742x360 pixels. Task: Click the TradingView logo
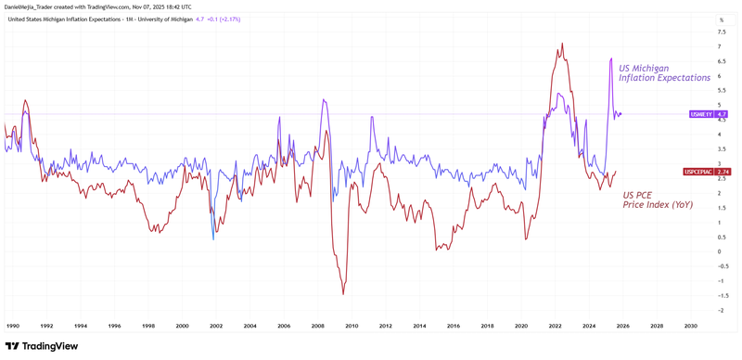[41, 346]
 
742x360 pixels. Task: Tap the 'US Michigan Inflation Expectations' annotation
[664, 73]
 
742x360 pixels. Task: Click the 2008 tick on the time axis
[317, 326]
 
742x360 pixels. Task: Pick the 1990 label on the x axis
[14, 326]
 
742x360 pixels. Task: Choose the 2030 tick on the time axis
[690, 326]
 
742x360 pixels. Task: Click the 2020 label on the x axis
[520, 326]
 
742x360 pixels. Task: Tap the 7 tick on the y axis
[720, 46]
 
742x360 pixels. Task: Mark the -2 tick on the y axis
[721, 310]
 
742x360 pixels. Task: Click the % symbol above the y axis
[721, 19]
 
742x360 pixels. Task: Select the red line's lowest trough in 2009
[343, 294]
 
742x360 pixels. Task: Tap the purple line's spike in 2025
[610, 59]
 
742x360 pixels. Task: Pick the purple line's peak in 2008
[324, 100]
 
